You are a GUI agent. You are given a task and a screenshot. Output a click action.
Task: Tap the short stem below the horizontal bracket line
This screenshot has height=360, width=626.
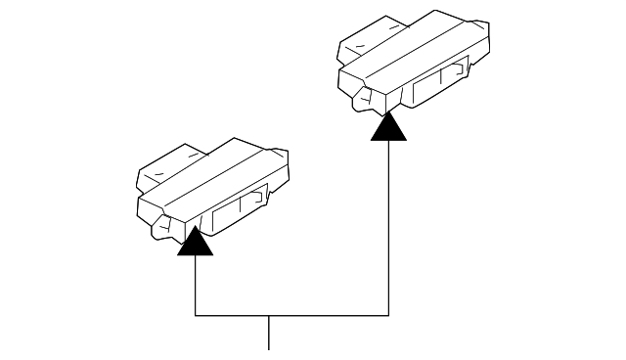point(269,332)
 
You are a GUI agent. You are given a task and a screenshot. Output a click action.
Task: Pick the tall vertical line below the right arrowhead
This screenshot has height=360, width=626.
point(389,225)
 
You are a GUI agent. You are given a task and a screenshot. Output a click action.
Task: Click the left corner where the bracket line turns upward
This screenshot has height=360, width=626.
point(196,316)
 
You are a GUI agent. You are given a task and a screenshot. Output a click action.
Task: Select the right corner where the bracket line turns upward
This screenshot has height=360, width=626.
point(389,316)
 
